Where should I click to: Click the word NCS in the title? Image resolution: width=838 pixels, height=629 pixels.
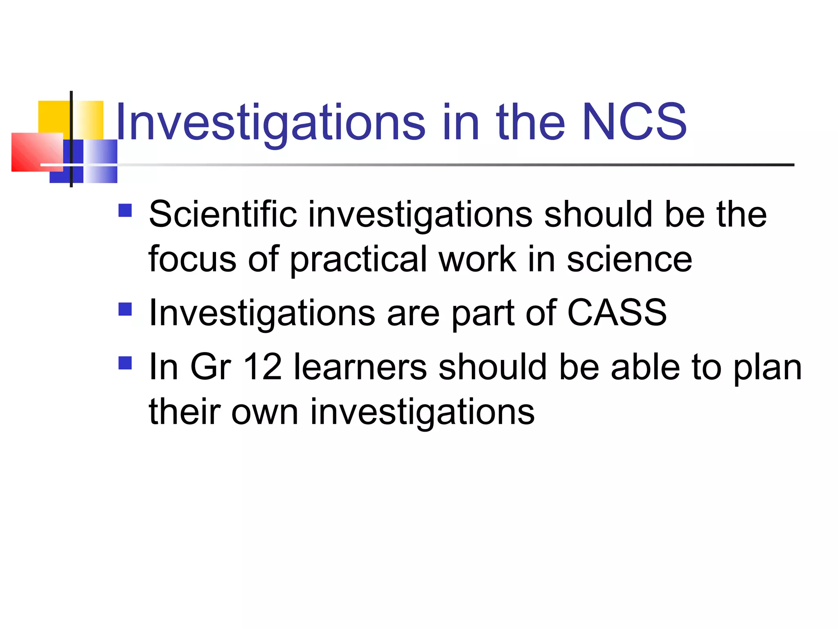click(634, 122)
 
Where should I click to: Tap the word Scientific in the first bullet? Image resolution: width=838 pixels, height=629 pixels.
click(223, 214)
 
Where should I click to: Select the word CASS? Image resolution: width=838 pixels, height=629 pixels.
click(617, 312)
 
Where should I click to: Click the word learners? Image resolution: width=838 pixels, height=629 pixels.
click(360, 367)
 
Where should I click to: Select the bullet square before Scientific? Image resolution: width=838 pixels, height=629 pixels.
click(125, 210)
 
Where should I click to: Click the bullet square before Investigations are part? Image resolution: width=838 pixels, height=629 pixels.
click(125, 309)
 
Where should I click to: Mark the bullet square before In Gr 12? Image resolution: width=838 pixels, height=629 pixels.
click(125, 363)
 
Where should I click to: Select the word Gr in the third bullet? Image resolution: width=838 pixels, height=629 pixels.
click(211, 367)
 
